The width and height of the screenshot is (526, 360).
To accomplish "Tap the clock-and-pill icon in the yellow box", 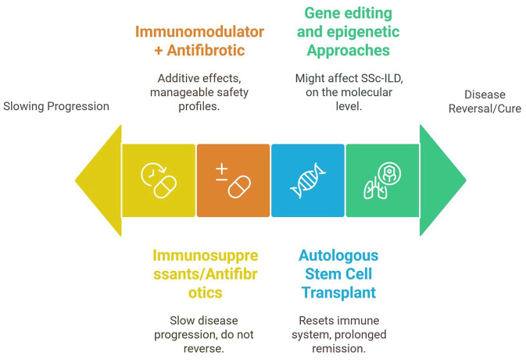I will [159, 180].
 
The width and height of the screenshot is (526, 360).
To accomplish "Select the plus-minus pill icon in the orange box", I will [233, 180].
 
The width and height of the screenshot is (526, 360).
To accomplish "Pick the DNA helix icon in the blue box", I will [307, 180].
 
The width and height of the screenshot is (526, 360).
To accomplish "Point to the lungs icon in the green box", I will [381, 180].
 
